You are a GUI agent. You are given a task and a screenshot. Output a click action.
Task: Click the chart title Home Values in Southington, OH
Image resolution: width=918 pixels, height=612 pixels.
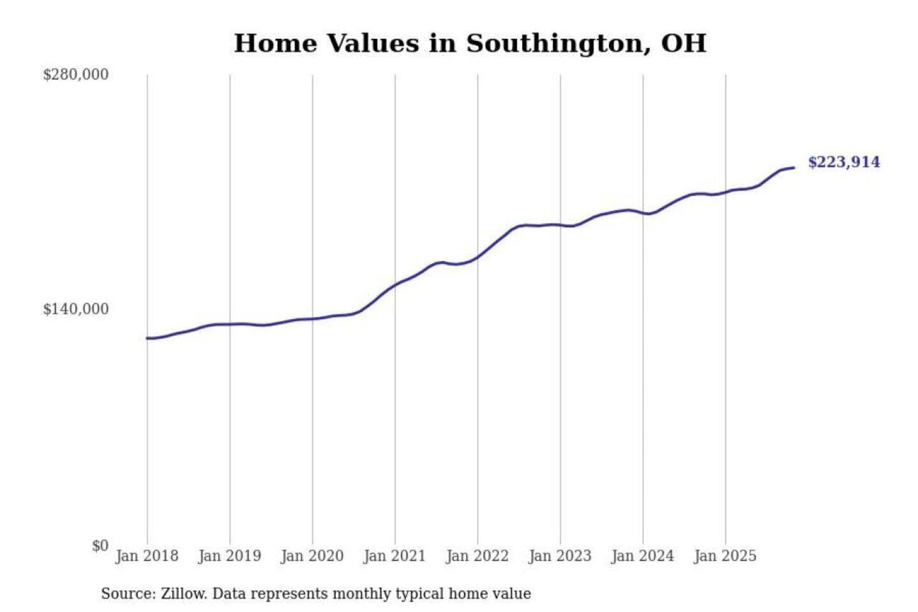470,43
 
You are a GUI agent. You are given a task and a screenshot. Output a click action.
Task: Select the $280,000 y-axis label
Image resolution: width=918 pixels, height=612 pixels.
76,75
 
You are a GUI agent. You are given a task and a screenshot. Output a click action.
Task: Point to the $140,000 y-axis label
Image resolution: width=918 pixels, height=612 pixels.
76,309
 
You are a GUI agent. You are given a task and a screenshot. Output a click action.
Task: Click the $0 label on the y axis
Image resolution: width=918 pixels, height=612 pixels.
100,546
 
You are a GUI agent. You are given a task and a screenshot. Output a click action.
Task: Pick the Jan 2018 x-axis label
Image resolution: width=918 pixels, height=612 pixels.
147,556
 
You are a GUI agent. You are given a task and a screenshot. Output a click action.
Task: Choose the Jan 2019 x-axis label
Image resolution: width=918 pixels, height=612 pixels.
229,556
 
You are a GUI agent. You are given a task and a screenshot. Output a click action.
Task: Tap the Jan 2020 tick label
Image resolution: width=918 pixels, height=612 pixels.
312,556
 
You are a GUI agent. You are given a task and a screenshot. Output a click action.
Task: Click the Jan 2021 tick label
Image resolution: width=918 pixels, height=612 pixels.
395,556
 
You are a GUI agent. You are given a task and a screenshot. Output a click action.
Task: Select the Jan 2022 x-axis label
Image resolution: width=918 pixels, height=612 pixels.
477,556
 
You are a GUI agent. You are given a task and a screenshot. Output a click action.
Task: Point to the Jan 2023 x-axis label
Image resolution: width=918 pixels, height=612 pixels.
560,556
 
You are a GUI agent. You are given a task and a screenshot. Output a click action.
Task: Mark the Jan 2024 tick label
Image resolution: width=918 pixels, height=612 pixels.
643,556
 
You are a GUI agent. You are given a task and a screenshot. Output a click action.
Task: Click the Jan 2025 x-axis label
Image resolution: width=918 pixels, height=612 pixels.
725,556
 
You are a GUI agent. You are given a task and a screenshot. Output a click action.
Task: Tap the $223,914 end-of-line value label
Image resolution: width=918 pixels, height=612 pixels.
844,162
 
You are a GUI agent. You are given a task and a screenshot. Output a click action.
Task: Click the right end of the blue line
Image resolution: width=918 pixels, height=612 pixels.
794,168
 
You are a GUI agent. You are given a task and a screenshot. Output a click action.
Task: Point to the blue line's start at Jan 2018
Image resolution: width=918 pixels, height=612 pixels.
147,338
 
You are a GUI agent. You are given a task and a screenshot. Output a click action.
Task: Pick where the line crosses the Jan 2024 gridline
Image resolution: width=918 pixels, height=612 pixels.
643,213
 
